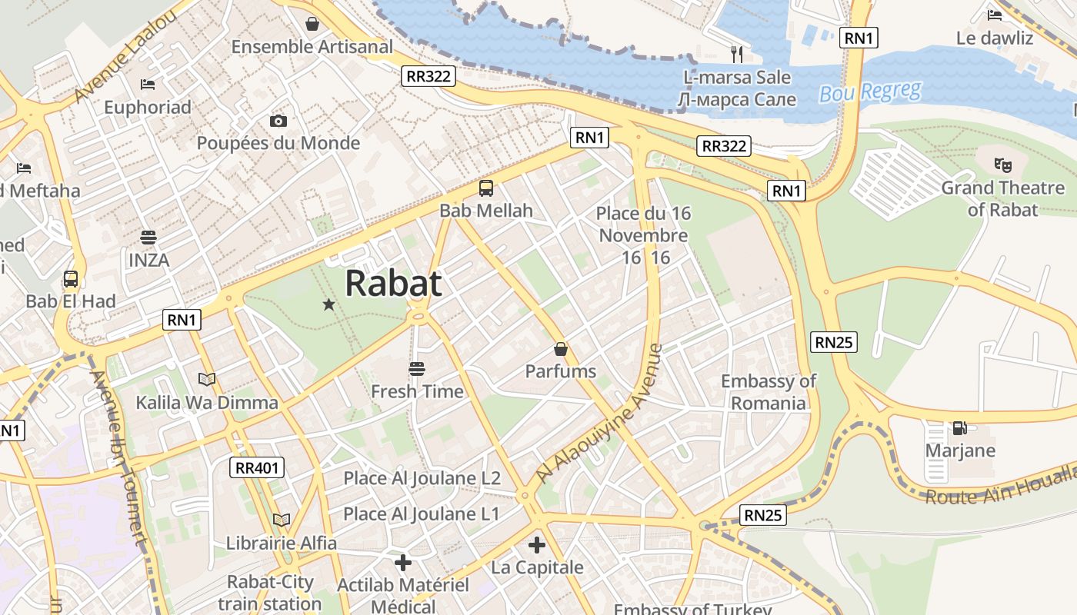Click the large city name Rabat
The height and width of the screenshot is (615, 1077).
[x=393, y=283]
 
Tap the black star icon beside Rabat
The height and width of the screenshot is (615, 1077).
[x=329, y=304]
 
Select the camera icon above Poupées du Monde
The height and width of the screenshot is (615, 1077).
[x=278, y=121]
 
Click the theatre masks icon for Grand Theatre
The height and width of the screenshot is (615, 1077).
[x=1002, y=165]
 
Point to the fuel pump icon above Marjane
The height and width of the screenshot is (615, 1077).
[x=959, y=428]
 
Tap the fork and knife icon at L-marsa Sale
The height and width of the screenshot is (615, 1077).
[x=737, y=53]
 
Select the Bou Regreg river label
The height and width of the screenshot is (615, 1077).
[x=870, y=92]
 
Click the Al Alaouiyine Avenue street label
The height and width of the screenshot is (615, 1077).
[x=600, y=414]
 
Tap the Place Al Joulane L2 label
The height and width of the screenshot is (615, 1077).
[x=422, y=478]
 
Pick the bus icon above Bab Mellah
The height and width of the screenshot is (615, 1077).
[x=486, y=188]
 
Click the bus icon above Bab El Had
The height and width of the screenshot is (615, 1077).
[x=71, y=279]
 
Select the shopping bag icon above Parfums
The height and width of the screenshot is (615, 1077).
[x=561, y=349]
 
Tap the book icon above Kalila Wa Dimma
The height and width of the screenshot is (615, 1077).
[x=207, y=379]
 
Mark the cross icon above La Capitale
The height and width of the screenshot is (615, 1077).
[x=537, y=546]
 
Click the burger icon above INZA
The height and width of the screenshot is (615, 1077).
[x=148, y=237]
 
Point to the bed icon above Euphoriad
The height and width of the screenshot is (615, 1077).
[x=148, y=84]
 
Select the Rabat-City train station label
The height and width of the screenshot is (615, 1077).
[x=269, y=593]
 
